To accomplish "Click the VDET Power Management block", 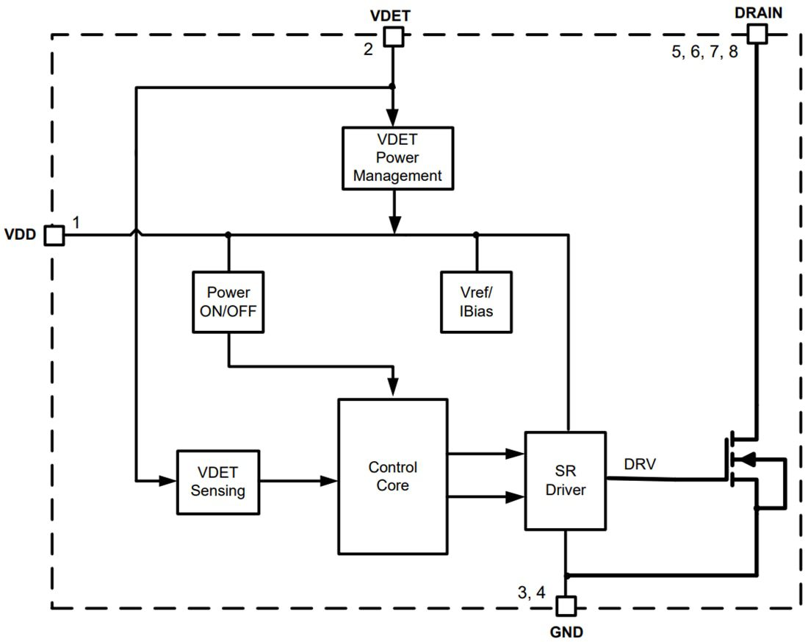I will [x=397, y=158].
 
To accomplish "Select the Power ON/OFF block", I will [x=228, y=302].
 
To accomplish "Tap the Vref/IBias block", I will [x=476, y=302].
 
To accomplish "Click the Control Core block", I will [x=392, y=476].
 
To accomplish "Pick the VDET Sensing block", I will [x=218, y=482].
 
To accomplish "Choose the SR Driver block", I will [x=565, y=480].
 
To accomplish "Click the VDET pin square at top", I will [x=394, y=37].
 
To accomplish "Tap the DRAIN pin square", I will [x=757, y=33].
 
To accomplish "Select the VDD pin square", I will [x=54, y=235].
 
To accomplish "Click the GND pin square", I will [x=566, y=606].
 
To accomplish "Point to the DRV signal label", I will [x=640, y=465].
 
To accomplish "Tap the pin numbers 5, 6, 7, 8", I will [x=704, y=54].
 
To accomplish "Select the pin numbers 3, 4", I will [x=532, y=593].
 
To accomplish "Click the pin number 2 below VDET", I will [x=369, y=50].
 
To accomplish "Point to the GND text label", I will [x=566, y=631].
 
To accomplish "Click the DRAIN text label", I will [x=758, y=12].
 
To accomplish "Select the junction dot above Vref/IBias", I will [x=476, y=235].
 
